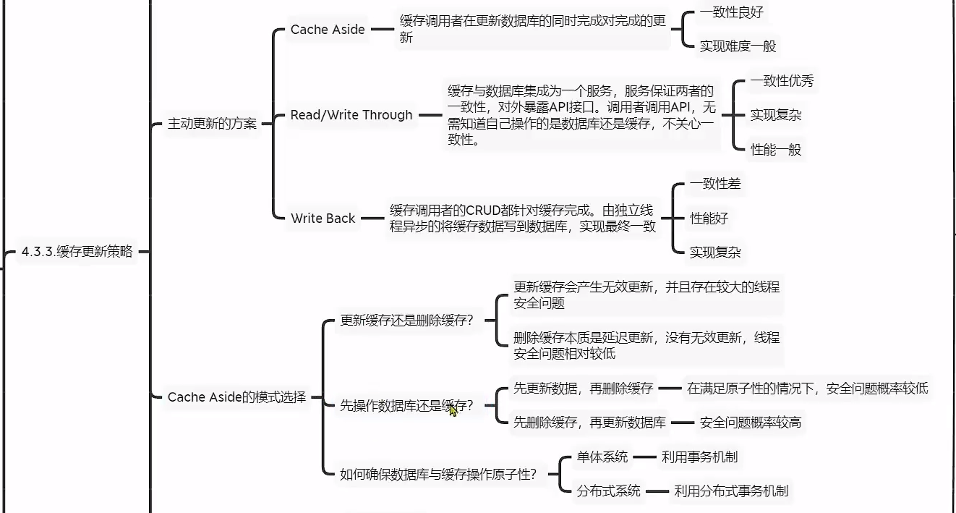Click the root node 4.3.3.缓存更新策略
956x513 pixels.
77,252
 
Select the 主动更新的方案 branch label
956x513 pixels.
212,124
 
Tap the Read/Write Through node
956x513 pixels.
351,115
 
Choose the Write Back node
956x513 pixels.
323,218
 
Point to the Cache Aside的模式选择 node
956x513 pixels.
236,397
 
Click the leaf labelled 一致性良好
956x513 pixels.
731,12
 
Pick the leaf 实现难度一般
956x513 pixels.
737,46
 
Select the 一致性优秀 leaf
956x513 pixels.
781,81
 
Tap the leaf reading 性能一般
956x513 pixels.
775,150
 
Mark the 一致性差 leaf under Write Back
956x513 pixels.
714,184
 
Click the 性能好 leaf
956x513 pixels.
709,218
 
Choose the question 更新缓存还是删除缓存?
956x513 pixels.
406,321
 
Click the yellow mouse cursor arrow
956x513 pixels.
453,410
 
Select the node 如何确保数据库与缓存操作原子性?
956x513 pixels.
438,475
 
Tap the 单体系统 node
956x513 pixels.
602,457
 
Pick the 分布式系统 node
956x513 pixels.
608,491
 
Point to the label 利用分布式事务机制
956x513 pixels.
730,491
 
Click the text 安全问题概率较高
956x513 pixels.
751,423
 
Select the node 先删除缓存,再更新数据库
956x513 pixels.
589,423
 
